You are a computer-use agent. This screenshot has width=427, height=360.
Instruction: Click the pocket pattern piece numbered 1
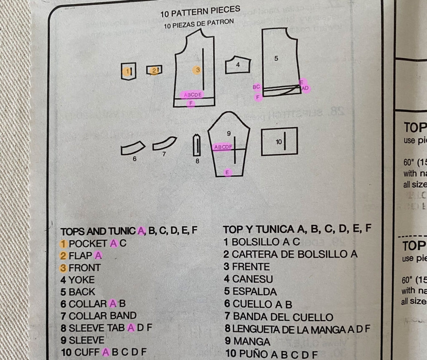[x=128, y=71]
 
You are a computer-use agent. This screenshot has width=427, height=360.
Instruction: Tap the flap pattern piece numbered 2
[x=154, y=70]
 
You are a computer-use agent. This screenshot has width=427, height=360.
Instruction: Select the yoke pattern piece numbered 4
[x=238, y=65]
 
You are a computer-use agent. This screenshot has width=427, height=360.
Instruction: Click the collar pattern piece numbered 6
[x=133, y=147]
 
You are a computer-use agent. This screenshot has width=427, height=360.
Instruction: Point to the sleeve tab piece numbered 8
[x=197, y=146]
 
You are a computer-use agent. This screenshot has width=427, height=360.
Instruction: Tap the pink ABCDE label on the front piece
[x=193, y=95]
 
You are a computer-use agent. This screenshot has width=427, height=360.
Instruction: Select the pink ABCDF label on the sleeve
[x=223, y=147]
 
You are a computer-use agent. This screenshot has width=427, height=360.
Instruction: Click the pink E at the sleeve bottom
[x=227, y=172]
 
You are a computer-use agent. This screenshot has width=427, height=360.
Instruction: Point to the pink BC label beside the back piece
[x=256, y=87]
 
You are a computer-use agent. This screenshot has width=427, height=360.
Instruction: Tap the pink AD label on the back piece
[x=305, y=88]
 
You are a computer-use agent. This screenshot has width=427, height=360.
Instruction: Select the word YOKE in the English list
[x=82, y=280]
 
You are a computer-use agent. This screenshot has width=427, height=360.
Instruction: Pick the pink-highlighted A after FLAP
[x=98, y=255]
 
